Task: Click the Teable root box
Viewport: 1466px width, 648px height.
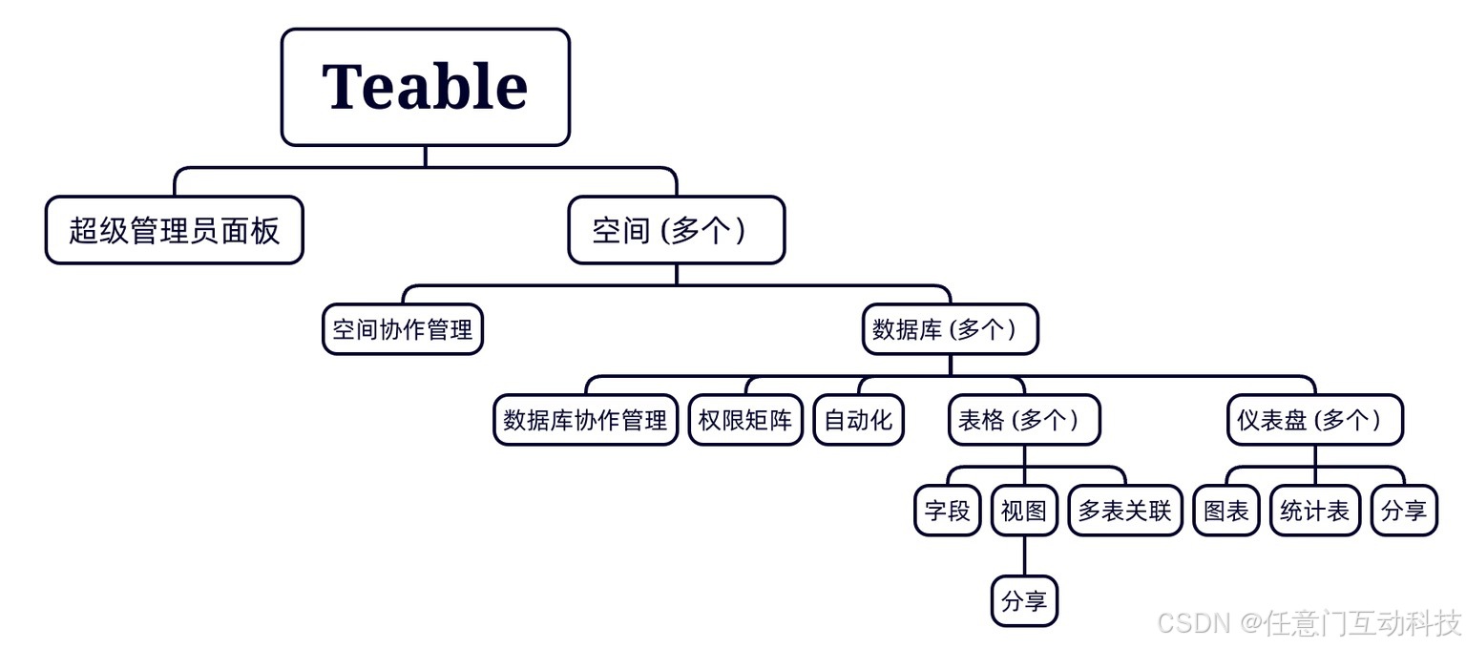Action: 425,87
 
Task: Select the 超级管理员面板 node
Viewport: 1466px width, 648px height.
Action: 174,230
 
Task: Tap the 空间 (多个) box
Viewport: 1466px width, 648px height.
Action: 676,230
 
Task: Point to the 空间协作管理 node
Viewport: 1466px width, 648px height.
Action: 403,329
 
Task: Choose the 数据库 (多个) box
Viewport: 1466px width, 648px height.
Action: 950,329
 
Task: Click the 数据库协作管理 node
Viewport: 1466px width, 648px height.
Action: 585,420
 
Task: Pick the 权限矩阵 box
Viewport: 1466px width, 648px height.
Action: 745,420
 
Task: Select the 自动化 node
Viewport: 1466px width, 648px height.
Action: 858,420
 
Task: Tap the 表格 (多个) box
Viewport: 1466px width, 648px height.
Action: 1024,420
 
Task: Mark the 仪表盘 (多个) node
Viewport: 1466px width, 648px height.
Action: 1314,420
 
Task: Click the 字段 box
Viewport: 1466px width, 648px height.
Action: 947,511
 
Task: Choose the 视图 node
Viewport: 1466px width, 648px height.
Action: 1024,511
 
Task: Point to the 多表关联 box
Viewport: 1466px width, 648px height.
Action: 1125,511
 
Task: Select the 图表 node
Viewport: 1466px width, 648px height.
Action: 1226,511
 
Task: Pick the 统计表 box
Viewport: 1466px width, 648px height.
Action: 1314,511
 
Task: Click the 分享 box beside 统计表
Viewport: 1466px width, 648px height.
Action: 1404,511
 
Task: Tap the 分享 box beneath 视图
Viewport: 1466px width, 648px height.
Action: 1024,601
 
